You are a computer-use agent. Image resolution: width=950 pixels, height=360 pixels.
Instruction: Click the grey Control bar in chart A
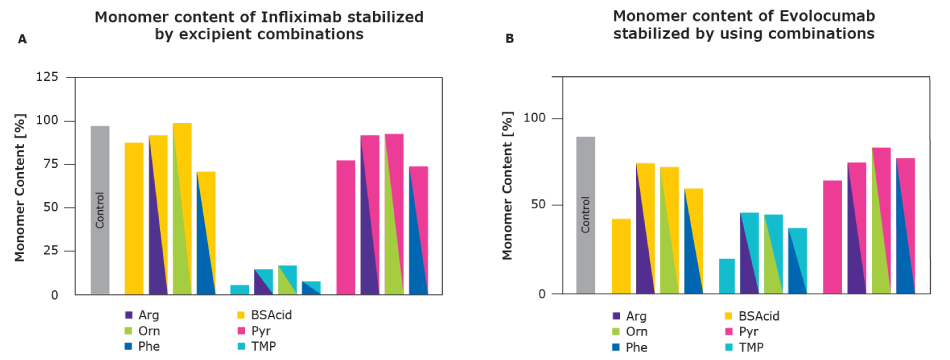click(x=100, y=210)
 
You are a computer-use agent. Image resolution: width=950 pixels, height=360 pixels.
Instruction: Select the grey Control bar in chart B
click(x=586, y=215)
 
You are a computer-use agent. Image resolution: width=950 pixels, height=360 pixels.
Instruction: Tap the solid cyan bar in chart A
click(x=239, y=289)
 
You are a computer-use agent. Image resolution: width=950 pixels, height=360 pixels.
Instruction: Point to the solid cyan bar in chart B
click(x=726, y=276)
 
